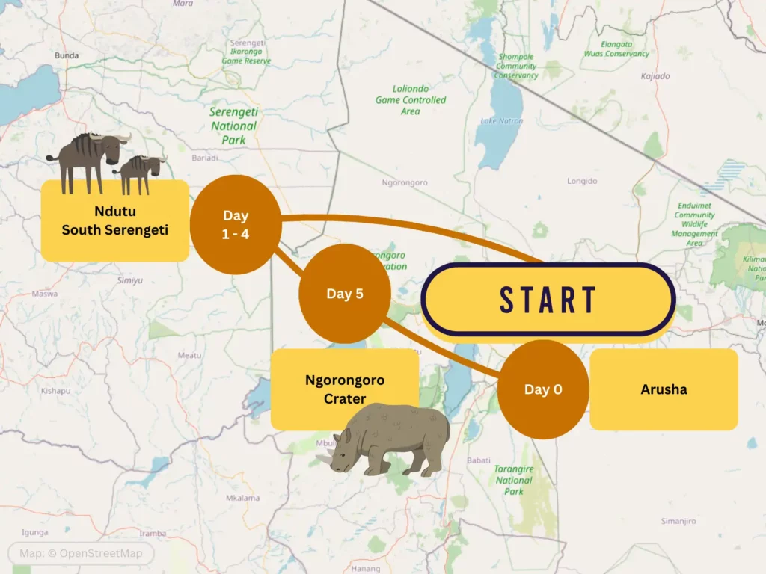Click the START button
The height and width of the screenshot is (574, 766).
548,299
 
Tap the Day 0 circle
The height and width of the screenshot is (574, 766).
543,389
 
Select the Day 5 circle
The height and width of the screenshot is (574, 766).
345,294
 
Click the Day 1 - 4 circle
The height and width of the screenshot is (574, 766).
236,224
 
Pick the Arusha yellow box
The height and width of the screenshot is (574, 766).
664,389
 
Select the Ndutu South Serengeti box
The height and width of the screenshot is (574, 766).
114,220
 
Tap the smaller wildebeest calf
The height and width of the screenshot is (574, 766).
140,173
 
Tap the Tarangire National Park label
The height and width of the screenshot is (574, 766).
514,480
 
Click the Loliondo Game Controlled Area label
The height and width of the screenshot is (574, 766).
410,99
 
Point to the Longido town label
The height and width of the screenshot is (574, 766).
583,181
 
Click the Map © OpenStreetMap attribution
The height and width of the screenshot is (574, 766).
80,554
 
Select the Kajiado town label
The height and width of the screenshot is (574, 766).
655,76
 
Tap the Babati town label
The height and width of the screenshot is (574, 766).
478,460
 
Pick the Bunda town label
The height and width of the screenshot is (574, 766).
67,55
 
